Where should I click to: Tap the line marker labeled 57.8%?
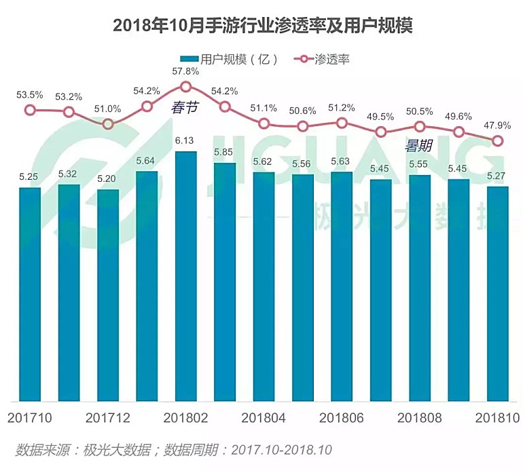[x=185, y=87]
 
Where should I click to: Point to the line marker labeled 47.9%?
[x=498, y=140]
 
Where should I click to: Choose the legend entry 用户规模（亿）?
[x=231, y=59]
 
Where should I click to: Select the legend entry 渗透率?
[x=325, y=59]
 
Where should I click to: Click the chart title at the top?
[x=262, y=26]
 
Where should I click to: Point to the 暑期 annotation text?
[x=418, y=145]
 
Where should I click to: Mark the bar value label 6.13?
[x=185, y=140]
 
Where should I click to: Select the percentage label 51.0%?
[x=108, y=108]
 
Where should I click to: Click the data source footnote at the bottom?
[x=174, y=449]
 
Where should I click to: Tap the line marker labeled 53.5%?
[x=30, y=110]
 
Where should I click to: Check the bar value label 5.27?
[x=498, y=176]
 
